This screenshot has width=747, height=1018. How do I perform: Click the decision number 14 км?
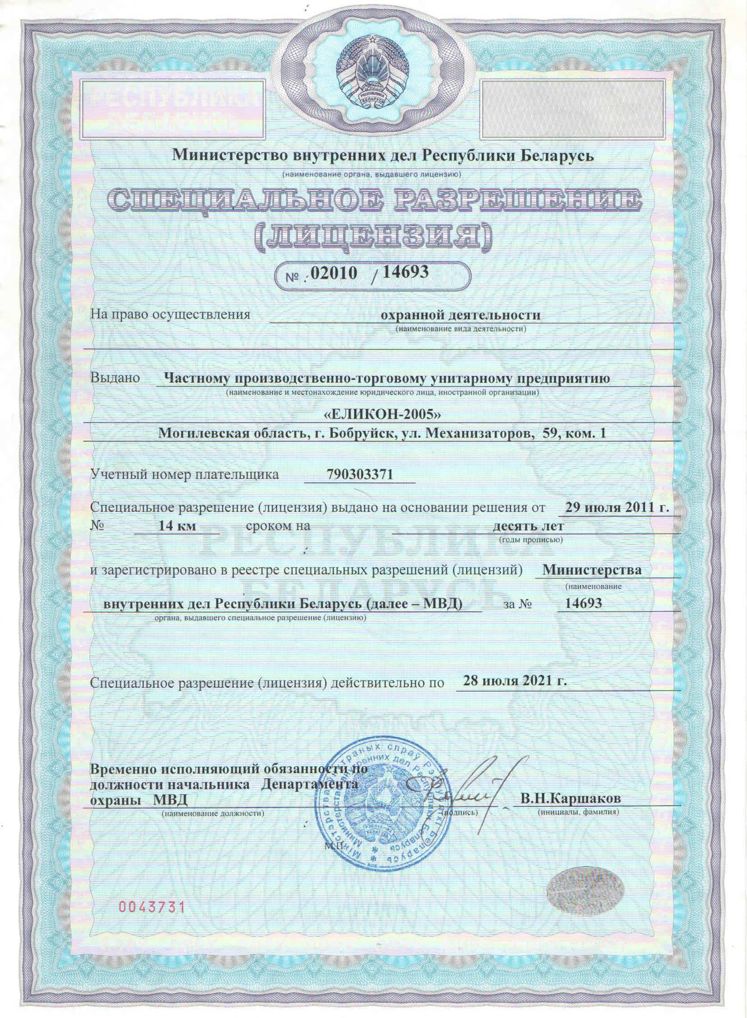pyautogui.click(x=177, y=526)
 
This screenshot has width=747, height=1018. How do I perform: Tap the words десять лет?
pyautogui.click(x=528, y=526)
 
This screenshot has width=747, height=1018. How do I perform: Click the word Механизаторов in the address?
pyautogui.click(x=478, y=434)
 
